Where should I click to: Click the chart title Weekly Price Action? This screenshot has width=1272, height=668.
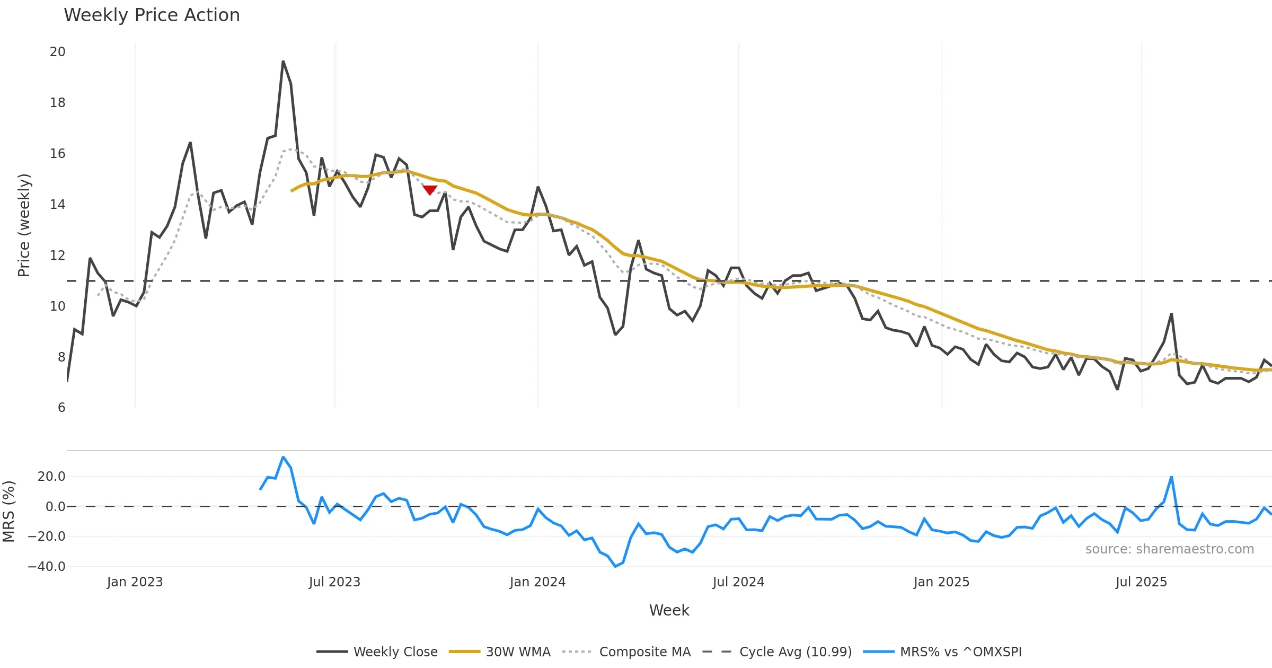152,15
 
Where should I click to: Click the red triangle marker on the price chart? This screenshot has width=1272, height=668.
430,190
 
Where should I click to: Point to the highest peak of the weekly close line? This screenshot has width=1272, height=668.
283,61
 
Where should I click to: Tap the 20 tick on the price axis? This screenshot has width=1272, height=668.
57,52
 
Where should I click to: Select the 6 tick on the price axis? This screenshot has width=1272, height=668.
61,408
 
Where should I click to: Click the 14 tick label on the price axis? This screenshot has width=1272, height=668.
57,205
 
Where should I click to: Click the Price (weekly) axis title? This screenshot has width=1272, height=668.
24,225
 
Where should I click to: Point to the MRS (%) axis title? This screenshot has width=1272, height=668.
9,511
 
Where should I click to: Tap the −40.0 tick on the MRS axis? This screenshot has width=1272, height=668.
47,566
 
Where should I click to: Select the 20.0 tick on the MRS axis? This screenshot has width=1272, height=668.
51,477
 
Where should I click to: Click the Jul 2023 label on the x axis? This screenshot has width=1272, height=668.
334,582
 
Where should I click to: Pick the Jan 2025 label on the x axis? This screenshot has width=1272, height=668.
941,582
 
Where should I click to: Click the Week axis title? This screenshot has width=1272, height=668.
669,610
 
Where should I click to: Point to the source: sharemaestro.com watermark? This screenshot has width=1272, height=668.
1169,549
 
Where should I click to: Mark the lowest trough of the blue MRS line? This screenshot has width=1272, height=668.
615,566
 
